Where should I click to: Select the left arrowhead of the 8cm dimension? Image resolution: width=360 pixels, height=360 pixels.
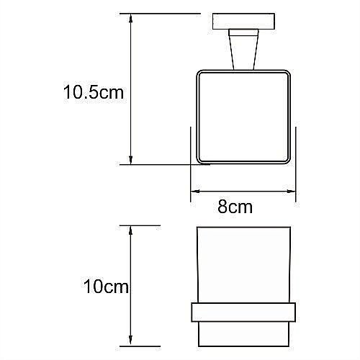[194, 192]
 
